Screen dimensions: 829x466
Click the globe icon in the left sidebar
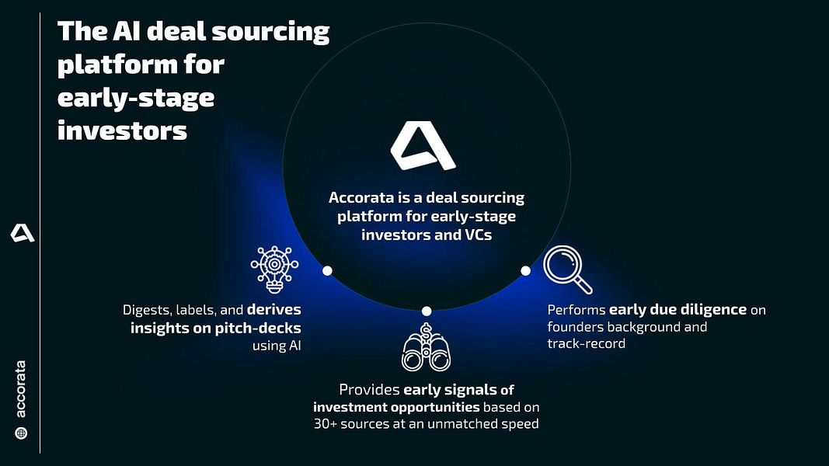(x=21, y=433)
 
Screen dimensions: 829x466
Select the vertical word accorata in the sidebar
(x=21, y=389)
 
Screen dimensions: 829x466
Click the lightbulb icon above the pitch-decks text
(x=274, y=270)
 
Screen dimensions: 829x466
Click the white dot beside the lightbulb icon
(x=327, y=270)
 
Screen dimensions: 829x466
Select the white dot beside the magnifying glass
(x=525, y=270)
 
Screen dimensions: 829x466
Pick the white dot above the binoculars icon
(x=427, y=311)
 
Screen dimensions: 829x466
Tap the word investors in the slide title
(x=122, y=130)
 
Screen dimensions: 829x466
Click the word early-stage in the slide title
(x=136, y=98)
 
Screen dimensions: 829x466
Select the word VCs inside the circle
(x=479, y=235)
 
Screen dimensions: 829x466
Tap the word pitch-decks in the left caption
(x=258, y=328)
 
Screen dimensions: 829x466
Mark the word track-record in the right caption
(x=587, y=343)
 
